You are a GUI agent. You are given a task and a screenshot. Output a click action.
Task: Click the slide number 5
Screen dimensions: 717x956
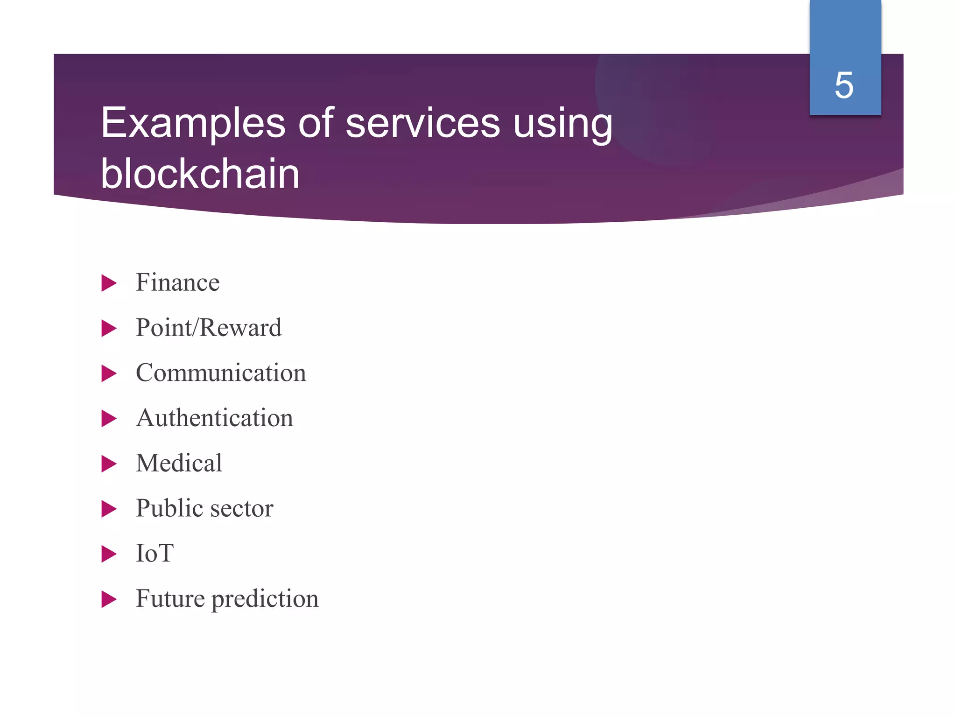[844, 85]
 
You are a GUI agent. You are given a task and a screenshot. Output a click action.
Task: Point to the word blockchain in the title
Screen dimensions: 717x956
[200, 174]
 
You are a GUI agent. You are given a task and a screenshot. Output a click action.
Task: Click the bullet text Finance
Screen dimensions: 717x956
[177, 282]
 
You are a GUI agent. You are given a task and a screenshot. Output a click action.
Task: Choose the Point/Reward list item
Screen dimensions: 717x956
[209, 328]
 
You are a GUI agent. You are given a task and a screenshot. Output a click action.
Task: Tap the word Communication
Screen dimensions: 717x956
[221, 373]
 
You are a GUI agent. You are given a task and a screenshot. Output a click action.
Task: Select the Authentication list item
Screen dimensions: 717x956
[215, 418]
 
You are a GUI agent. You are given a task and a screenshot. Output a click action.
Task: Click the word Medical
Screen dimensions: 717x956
[179, 463]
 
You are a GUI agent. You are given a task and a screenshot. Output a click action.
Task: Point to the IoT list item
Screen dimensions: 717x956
[155, 554]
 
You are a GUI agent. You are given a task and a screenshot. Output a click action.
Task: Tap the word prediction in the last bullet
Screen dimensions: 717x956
[265, 599]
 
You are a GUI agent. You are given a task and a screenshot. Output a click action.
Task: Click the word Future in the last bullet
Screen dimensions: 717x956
[170, 598]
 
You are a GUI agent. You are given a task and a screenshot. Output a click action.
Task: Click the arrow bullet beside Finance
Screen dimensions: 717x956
[108, 283]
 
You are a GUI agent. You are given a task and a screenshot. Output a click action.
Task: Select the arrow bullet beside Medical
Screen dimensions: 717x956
[108, 464]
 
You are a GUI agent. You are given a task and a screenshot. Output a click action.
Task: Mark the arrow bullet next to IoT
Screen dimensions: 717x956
[108, 554]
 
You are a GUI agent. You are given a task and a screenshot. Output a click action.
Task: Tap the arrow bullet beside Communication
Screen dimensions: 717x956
[108, 373]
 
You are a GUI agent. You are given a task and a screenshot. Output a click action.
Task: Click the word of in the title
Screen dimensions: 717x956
[316, 123]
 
